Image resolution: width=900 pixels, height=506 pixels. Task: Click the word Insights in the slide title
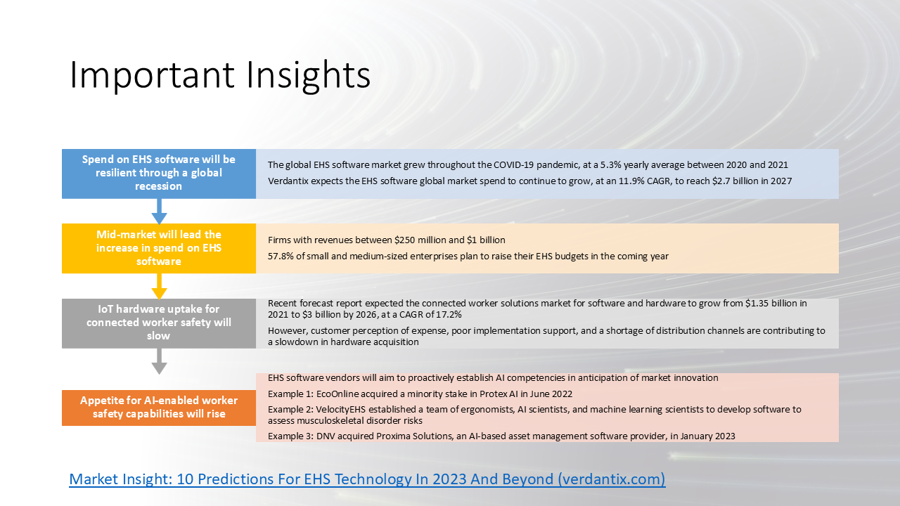pos(308,75)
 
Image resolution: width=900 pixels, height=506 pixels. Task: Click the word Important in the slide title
pos(152,75)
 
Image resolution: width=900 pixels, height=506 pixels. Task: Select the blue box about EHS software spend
pos(159,174)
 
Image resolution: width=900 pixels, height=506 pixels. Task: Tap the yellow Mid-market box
pos(159,248)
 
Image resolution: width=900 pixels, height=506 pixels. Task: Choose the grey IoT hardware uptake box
pos(159,323)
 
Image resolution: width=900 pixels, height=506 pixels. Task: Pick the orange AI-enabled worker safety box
pos(159,408)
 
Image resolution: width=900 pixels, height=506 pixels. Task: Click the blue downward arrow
pos(159,212)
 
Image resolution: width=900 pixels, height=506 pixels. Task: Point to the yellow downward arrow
pos(159,286)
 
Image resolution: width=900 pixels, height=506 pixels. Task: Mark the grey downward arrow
pos(159,361)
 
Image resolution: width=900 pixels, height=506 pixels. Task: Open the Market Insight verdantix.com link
pos(367,479)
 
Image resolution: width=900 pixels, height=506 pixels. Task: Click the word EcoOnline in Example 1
pos(337,394)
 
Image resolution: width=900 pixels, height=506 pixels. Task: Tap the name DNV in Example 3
pos(326,436)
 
